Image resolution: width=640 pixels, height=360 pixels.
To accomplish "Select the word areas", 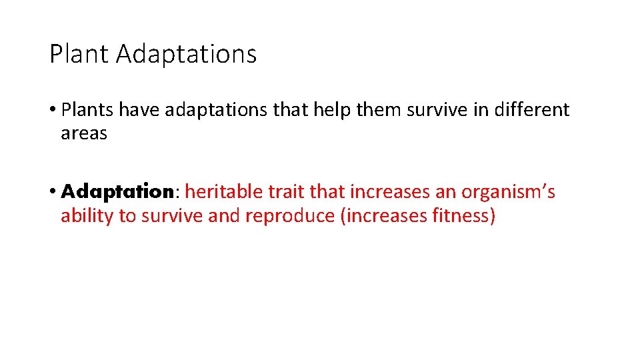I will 84,133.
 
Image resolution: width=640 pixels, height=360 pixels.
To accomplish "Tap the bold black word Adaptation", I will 117,193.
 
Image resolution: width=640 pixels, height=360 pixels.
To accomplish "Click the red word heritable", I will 223,193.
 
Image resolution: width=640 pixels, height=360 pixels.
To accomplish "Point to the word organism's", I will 509,193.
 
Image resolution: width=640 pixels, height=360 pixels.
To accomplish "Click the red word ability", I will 87,217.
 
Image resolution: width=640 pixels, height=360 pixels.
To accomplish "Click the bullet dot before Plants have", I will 53,110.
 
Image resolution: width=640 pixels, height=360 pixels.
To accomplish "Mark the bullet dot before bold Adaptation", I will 53,193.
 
